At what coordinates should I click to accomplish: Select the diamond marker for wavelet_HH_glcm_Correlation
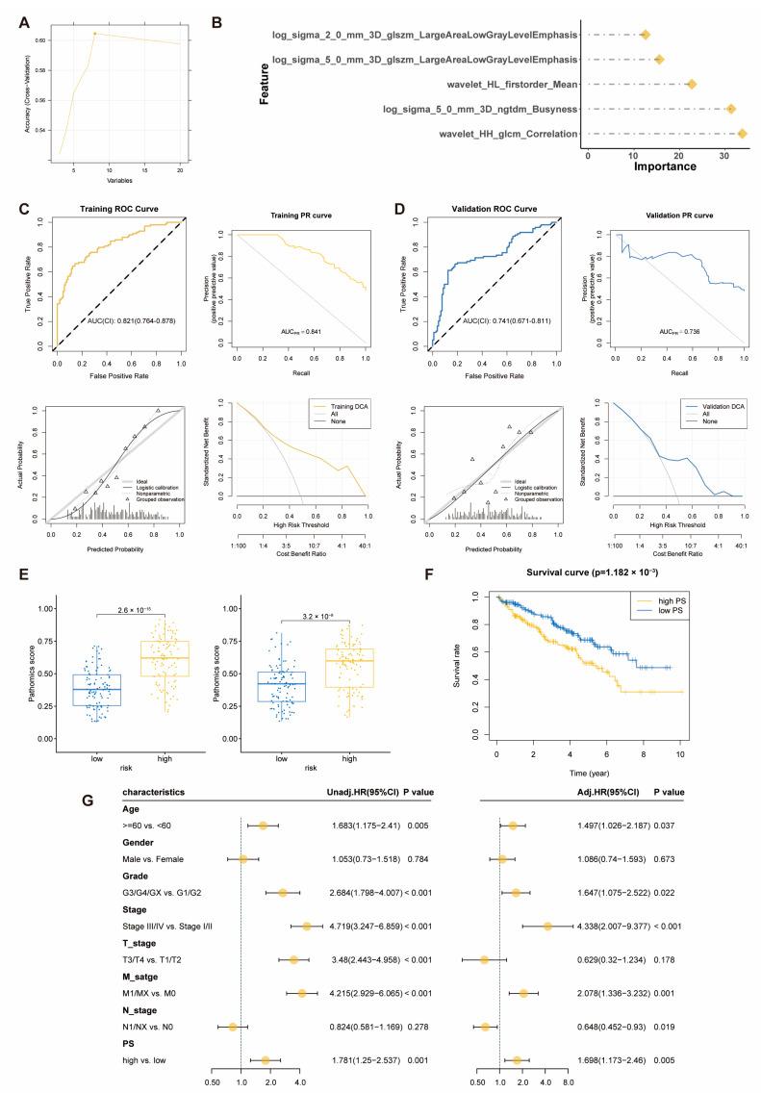[x=742, y=135]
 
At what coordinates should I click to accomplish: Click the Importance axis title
[x=664, y=166]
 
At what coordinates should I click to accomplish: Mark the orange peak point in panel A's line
[x=94, y=34]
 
